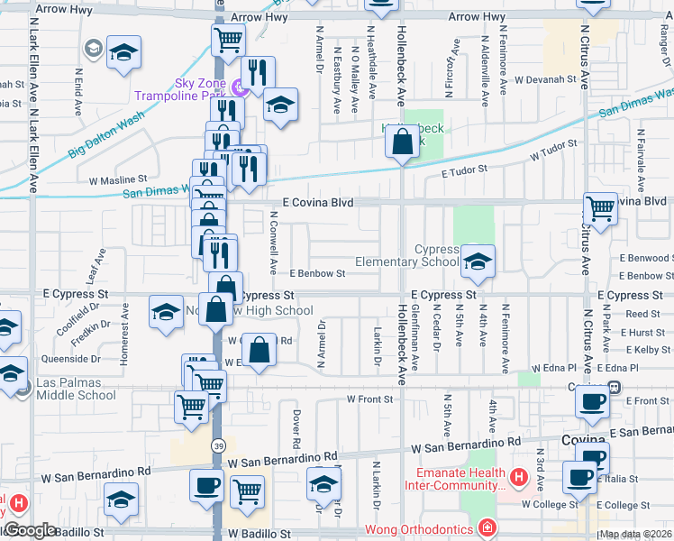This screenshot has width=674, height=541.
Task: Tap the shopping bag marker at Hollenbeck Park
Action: [x=401, y=141]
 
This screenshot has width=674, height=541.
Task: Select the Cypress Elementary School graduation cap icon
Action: [x=478, y=261]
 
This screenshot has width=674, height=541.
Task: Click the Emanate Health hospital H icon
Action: [x=518, y=476]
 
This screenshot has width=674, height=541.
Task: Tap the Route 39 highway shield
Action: [x=218, y=446]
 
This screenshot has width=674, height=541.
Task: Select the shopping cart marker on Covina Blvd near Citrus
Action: [x=599, y=207]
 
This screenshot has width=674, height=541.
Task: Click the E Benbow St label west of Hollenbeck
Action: [x=317, y=273]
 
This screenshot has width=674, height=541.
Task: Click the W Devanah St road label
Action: [x=544, y=79]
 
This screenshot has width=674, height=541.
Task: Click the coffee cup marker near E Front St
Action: [x=592, y=403]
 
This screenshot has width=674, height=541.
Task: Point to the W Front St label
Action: [x=370, y=399]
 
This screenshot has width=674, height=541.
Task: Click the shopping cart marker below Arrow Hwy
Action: [x=228, y=39]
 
